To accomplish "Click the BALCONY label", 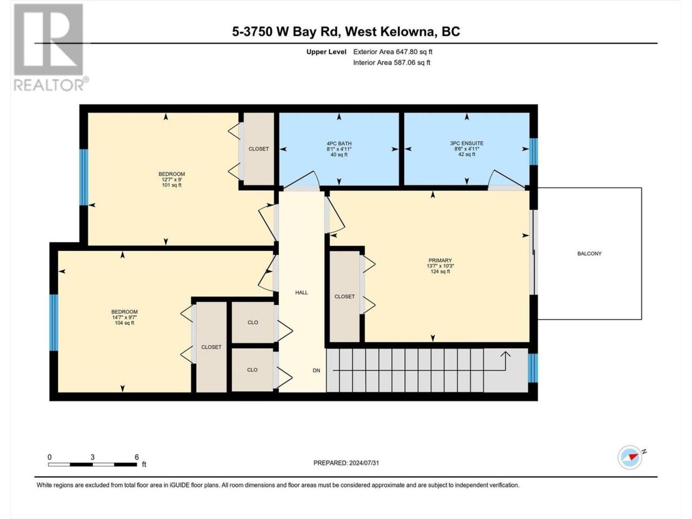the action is coord(589,254).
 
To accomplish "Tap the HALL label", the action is coord(301,292).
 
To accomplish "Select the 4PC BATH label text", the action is coord(339,143).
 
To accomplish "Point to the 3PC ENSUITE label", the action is coord(467,143).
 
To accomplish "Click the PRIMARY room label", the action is coord(440,260).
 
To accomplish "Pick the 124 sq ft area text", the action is coord(440,271).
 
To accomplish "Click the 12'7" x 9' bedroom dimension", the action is coord(171,179).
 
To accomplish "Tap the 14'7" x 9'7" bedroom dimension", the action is coord(124,317).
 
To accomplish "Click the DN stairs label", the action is coord(316,370).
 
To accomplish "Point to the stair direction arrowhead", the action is coord(505,354).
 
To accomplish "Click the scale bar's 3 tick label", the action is coord(92,457).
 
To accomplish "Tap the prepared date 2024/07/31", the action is coord(364,463).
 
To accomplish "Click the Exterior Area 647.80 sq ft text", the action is coord(393,52).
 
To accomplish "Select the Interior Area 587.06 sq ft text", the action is coord(391,62).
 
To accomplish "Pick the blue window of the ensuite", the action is coord(533,151).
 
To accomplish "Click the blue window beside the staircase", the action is coord(533,368).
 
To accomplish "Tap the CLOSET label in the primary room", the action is coord(344,296).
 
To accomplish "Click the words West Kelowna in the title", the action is coord(389,31).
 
